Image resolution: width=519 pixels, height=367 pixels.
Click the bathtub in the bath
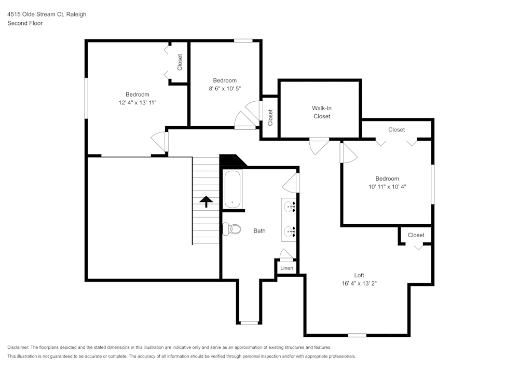pyautogui.click(x=233, y=189)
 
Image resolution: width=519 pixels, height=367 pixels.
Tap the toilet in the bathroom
pyautogui.click(x=232, y=228)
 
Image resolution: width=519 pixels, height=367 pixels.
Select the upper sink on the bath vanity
pyautogui.click(x=289, y=206)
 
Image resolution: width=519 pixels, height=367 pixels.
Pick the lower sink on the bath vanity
pyautogui.click(x=289, y=232)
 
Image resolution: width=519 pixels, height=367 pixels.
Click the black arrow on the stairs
pyautogui.click(x=207, y=201)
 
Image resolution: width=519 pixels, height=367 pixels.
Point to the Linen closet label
pyautogui.click(x=286, y=268)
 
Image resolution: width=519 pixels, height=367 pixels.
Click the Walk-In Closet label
pyautogui.click(x=321, y=112)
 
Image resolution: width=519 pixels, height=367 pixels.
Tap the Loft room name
pyautogui.click(x=359, y=275)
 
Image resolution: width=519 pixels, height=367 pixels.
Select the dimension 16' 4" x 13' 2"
pyautogui.click(x=359, y=283)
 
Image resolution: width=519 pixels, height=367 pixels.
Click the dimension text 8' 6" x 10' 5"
pyautogui.click(x=225, y=89)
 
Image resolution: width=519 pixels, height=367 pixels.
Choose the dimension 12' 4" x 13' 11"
pyautogui.click(x=138, y=103)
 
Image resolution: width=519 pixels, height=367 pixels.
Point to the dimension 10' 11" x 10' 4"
pyautogui.click(x=387, y=186)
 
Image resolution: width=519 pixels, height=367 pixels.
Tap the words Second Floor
pyautogui.click(x=25, y=23)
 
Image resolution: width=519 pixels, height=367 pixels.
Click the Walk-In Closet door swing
pyautogui.click(x=319, y=146)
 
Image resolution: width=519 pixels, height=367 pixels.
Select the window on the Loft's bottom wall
pyautogui.click(x=357, y=335)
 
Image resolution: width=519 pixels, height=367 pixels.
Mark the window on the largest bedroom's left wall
pyautogui.click(x=86, y=97)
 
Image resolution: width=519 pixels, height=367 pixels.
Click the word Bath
pyautogui.click(x=259, y=230)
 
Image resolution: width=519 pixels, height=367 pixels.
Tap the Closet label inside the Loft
pyautogui.click(x=416, y=235)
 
